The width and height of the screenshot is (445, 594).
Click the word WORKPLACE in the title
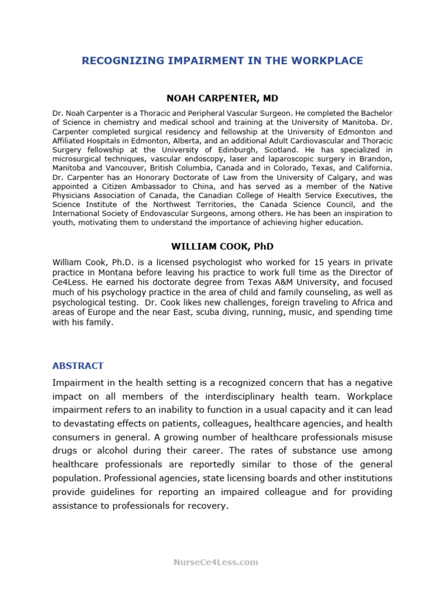330,61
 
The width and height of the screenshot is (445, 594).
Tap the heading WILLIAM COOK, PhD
222,247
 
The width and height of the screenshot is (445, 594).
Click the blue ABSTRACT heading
78,366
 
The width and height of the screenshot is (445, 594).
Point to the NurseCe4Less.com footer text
216,562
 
